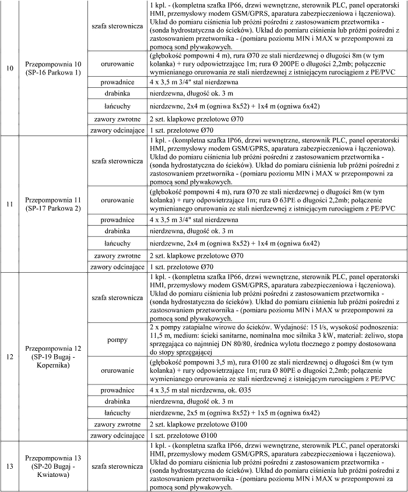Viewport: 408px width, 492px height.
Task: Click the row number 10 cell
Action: pyautogui.click(x=10, y=67)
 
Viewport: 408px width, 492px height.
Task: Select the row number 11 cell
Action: pyautogui.click(x=10, y=204)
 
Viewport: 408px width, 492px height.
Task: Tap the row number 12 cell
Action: pyautogui.click(x=10, y=356)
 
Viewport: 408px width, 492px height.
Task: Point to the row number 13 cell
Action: pyautogui.click(x=10, y=466)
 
